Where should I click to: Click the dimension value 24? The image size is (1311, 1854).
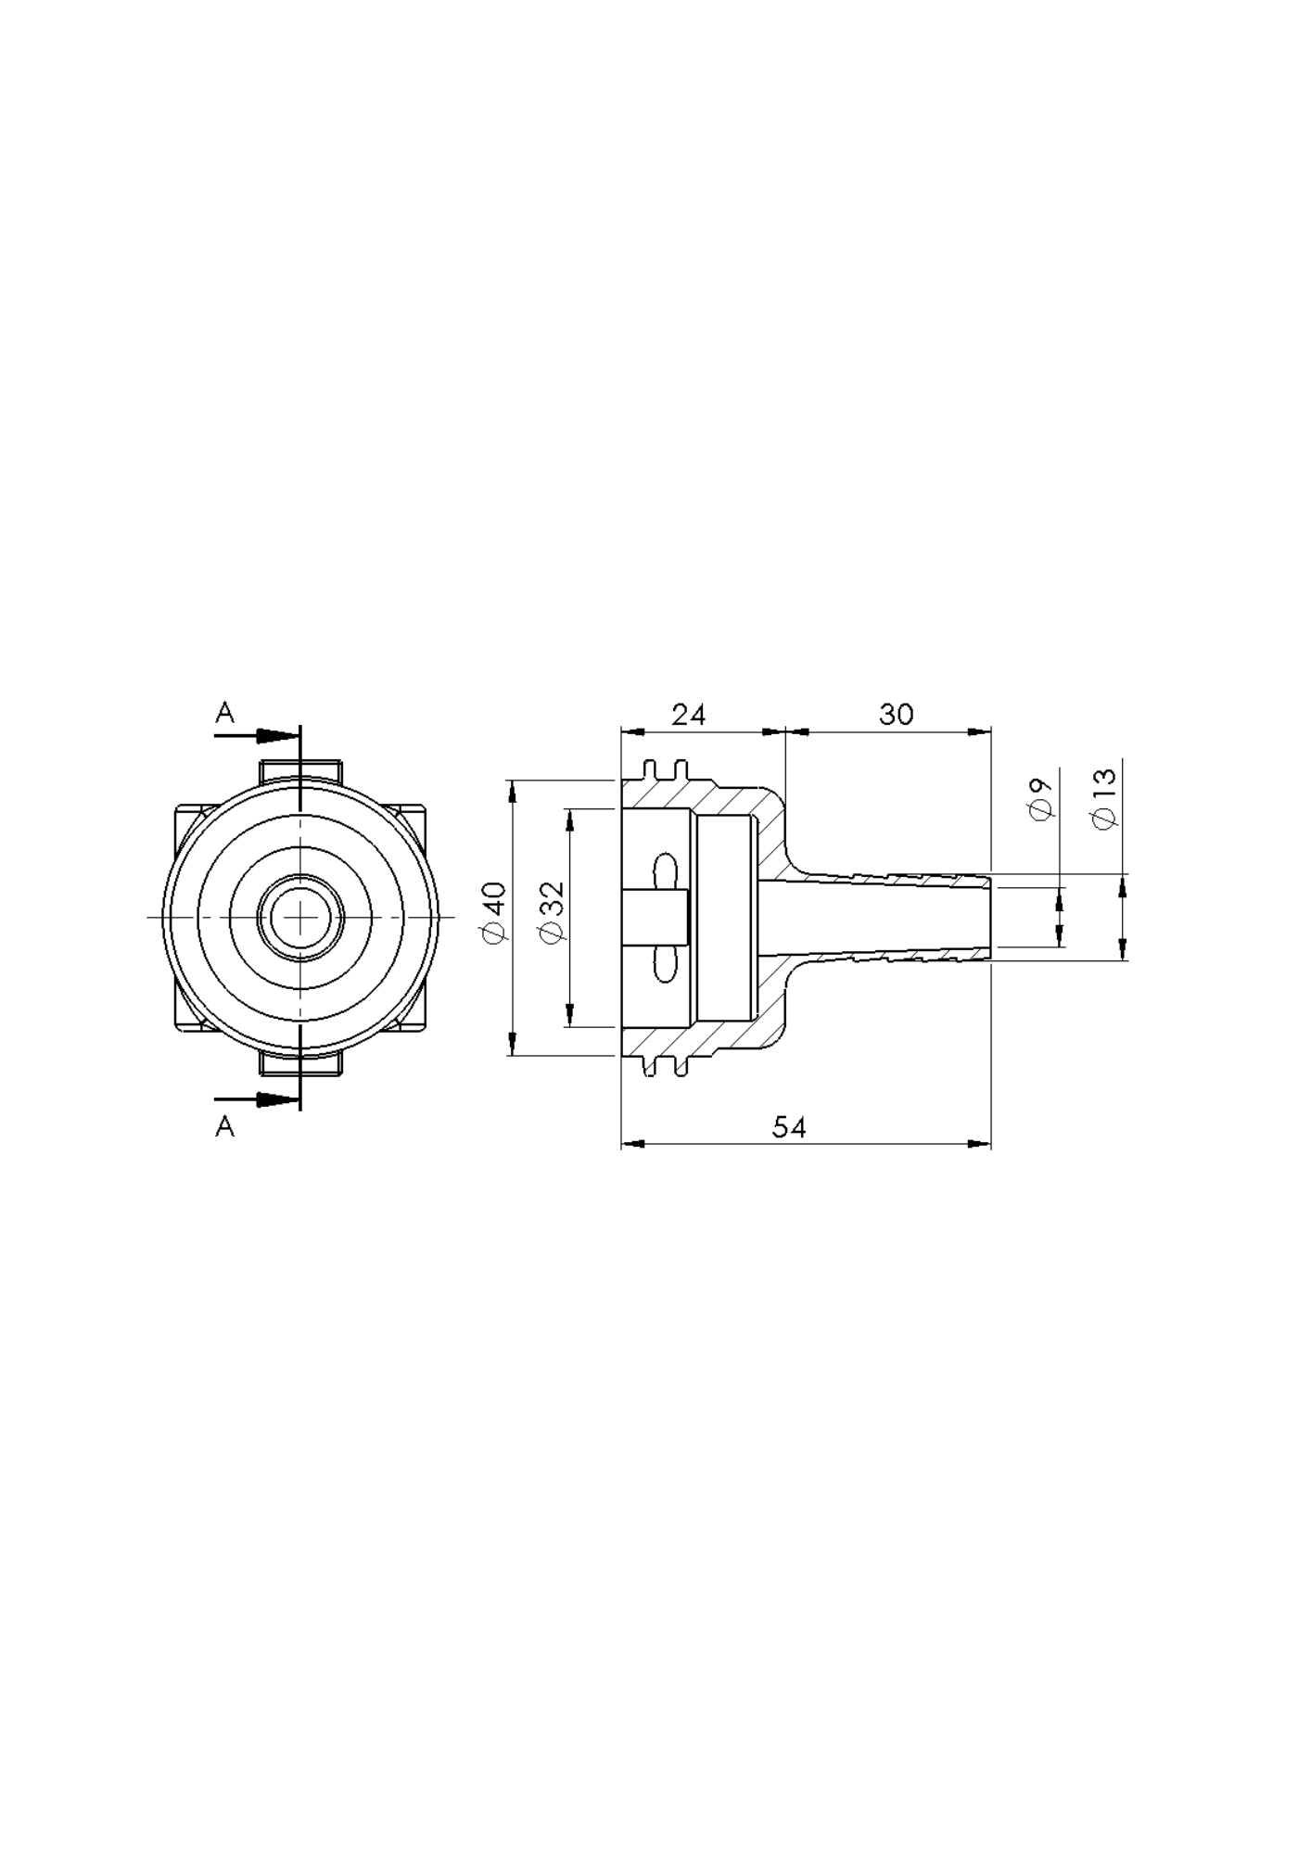[x=689, y=715]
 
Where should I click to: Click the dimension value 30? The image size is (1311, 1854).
[x=897, y=715]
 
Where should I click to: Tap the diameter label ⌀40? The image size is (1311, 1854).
[x=495, y=913]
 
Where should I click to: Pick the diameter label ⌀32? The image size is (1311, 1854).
[x=552, y=913]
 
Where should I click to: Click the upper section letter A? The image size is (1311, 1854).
[x=225, y=713]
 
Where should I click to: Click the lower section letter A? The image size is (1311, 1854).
[x=225, y=1126]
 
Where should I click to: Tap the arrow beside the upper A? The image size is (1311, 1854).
[x=257, y=736]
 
